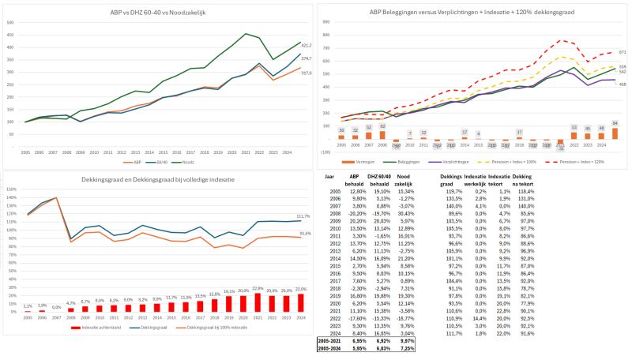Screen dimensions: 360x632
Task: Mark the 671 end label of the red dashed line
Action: click(x=623, y=53)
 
